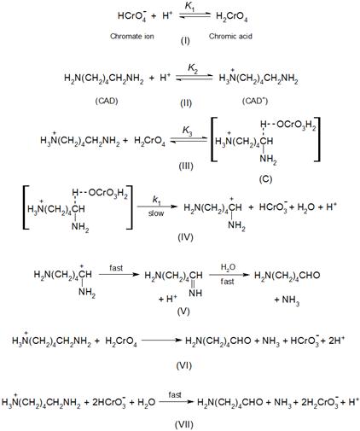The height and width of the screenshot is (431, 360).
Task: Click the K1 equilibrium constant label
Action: [189, 7]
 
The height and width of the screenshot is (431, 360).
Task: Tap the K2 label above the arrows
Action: [193, 68]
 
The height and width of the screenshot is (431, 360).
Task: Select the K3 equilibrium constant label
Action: [187, 131]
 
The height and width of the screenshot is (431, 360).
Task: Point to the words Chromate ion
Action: [132, 37]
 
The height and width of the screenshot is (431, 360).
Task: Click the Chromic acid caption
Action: [230, 37]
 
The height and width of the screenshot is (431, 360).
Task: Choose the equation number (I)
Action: [185, 41]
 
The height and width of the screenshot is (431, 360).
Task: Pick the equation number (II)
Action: [186, 102]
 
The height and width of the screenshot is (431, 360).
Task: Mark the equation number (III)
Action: [186, 166]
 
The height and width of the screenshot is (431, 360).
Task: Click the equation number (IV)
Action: [185, 237]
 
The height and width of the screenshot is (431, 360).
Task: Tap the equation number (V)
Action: [183, 312]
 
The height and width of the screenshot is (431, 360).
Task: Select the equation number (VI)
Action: [184, 365]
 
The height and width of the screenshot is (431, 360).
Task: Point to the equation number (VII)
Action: [184, 425]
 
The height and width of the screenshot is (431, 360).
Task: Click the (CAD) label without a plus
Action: [107, 101]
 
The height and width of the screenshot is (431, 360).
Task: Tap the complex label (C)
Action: [265, 179]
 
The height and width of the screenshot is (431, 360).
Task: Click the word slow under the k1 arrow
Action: [156, 213]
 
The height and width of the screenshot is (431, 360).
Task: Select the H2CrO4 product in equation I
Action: [231, 16]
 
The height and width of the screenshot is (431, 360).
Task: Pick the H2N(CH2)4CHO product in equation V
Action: [287, 276]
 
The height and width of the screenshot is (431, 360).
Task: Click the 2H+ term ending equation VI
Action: [336, 341]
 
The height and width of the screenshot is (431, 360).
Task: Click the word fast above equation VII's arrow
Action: [175, 395]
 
